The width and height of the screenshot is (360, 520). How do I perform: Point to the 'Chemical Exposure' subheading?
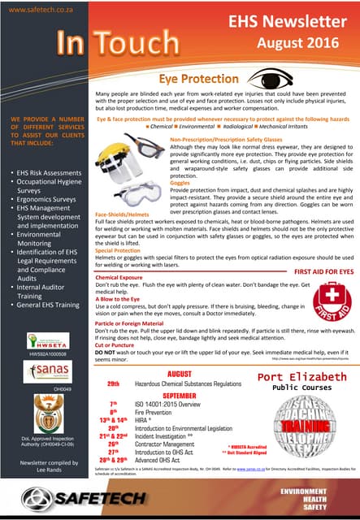pyautogui.click(x=120, y=276)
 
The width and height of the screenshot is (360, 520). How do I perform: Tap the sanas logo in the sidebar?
pyautogui.click(x=46, y=372)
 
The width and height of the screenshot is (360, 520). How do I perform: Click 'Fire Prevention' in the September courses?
pyautogui.click(x=154, y=412)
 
